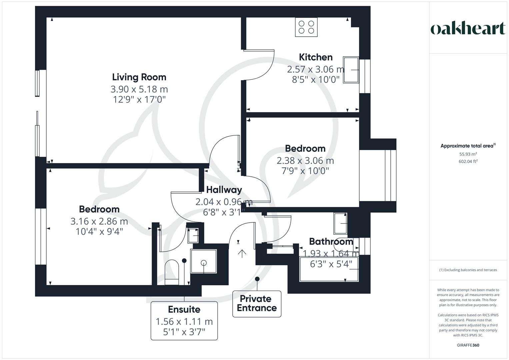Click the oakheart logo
pyautogui.click(x=468, y=29)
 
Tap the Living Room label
pyautogui.click(x=139, y=77)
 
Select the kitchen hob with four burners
pyautogui.click(x=306, y=27)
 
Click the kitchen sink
pyautogui.click(x=351, y=70)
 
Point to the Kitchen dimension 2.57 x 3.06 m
pyautogui.click(x=315, y=69)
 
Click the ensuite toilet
pyautogui.click(x=172, y=272)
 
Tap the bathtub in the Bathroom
pyautogui.click(x=329, y=269)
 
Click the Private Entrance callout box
pyautogui.click(x=257, y=303)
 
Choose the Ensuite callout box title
pyautogui.click(x=184, y=309)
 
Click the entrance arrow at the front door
pyautogui.click(x=242, y=253)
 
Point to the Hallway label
pyautogui.click(x=224, y=190)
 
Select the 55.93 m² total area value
pyautogui.click(x=468, y=154)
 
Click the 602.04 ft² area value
pyautogui.click(x=468, y=161)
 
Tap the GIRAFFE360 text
pyautogui.click(x=468, y=345)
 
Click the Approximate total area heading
pyautogui.click(x=468, y=146)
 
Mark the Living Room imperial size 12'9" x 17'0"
pyautogui.click(x=139, y=99)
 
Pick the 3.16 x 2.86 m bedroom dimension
pyautogui.click(x=99, y=221)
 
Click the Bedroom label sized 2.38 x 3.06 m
pyautogui.click(x=305, y=148)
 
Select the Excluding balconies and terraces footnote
pyautogui.click(x=468, y=270)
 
